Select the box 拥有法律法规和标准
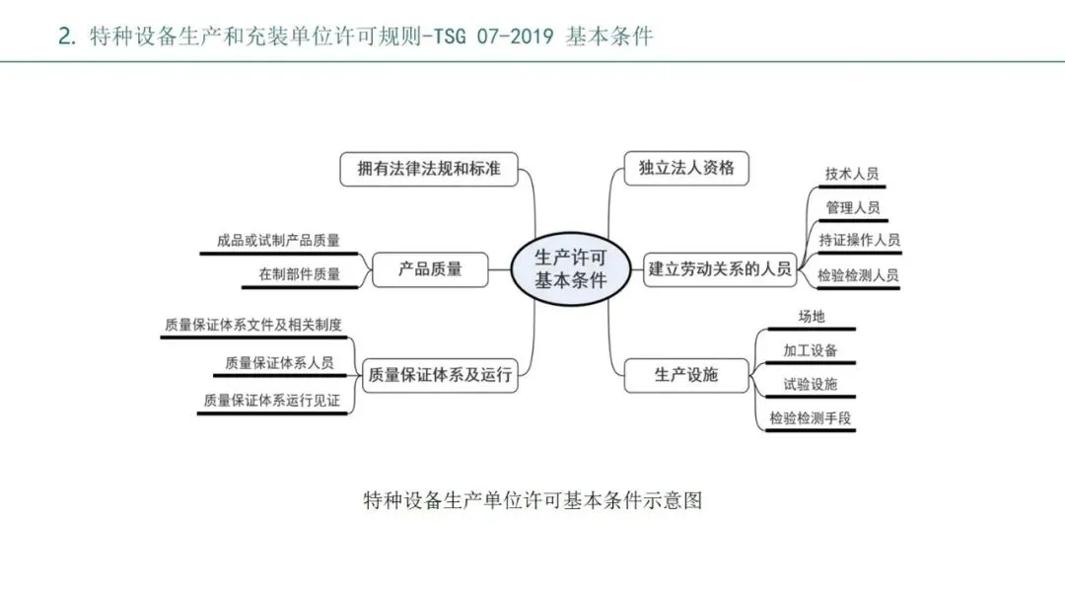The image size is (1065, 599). tap(429, 169)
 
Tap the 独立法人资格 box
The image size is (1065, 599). tap(686, 168)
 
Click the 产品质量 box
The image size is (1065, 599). tap(430, 268)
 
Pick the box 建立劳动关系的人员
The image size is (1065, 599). tap(721, 268)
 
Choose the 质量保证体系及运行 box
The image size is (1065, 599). tap(439, 375)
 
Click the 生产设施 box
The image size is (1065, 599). tap(686, 375)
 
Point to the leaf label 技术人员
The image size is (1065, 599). tap(852, 175)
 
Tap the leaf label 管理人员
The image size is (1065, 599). tap(852, 208)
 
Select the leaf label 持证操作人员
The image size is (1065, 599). tap(859, 241)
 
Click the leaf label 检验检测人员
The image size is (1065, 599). tap(858, 276)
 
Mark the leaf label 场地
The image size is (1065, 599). tap(811, 317)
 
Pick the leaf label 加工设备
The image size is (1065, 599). tap(811, 350)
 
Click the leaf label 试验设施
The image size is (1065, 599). tap(811, 385)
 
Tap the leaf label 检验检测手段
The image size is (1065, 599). tap(811, 418)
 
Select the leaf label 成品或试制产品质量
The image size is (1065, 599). tap(278, 241)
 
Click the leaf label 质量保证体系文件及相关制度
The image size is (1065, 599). tap(254, 325)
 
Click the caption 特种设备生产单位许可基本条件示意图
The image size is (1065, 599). tap(532, 499)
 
